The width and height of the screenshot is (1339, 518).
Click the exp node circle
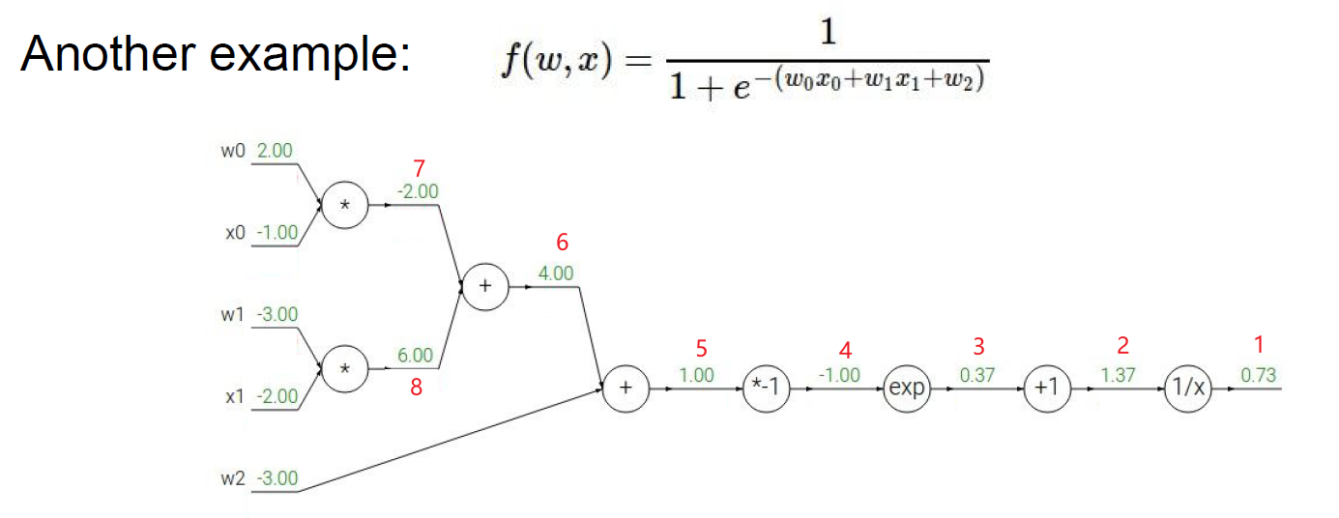point(906,388)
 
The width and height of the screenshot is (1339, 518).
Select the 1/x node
point(1188,388)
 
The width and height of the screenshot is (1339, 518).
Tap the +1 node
point(1047,388)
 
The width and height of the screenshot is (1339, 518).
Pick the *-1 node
point(766,388)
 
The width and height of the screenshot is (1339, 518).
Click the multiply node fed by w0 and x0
point(345,206)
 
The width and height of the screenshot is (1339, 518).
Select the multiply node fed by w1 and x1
point(345,370)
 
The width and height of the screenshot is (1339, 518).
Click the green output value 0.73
point(1258,375)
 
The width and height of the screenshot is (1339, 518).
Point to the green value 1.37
point(1118,375)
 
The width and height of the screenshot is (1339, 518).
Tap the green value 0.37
point(977,375)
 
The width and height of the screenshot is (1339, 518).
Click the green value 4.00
point(555,273)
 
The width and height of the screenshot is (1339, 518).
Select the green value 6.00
point(415,356)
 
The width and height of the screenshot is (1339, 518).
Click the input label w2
point(234,478)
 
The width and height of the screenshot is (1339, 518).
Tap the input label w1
point(234,315)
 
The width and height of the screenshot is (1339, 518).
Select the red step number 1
point(1258,345)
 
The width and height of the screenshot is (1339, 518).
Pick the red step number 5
point(702,348)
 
